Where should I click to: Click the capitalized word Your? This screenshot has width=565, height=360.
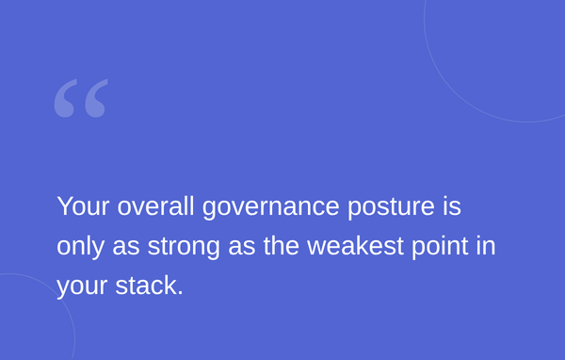pos(83,206)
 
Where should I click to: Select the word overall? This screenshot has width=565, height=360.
pos(155,206)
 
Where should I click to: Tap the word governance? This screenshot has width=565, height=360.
pos(271,208)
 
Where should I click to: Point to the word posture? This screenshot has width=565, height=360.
pos(391,208)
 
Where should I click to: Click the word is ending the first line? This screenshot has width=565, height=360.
pos(452,206)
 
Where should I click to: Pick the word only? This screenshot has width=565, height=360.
pos(80,248)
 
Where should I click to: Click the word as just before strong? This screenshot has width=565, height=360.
pos(126,248)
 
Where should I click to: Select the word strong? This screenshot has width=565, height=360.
pos(184,248)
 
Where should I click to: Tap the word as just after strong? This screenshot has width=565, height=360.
pos(242,248)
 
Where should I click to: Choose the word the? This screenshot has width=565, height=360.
pos(282,246)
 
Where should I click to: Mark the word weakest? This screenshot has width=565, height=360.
pos(355,246)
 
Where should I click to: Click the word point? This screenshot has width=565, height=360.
pos(440,248)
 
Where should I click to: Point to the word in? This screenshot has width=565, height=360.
pos(486,246)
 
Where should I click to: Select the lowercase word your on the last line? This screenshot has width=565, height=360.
pos(82,287)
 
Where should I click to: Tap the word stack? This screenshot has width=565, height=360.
pos(146,286)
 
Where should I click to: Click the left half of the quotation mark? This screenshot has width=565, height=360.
pos(66,98)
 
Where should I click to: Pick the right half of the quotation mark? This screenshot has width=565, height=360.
pos(96,98)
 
